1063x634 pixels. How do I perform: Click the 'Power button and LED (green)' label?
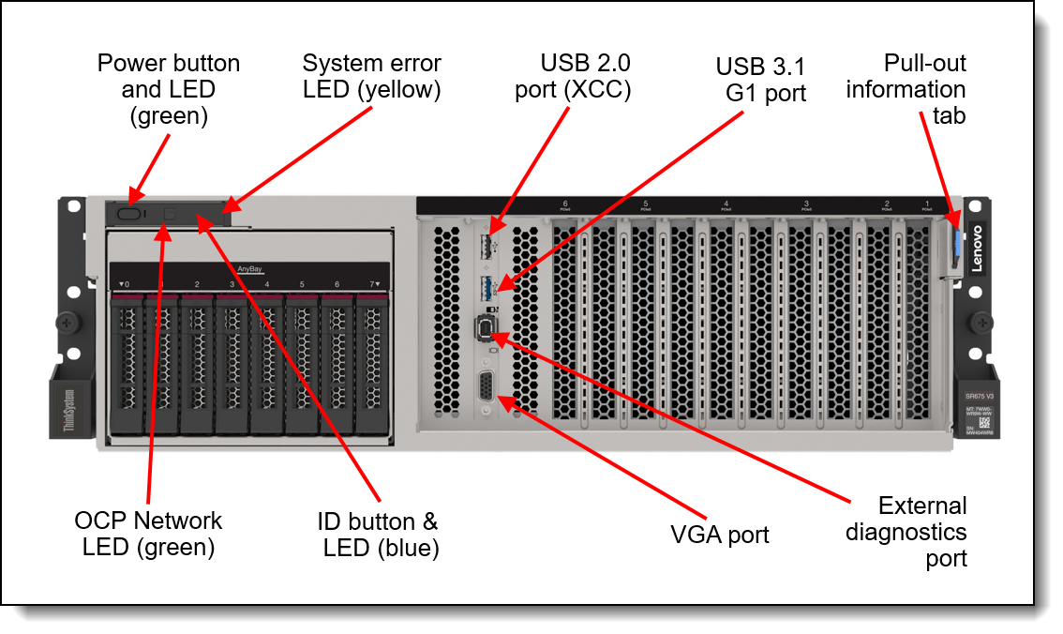[x=169, y=89]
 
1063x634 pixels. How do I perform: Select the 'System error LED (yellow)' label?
[x=371, y=77]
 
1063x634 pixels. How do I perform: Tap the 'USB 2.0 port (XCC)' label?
[x=573, y=77]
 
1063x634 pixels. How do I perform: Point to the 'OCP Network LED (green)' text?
[x=149, y=534]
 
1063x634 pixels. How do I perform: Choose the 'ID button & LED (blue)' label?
[x=381, y=535]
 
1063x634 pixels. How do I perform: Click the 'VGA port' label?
[x=720, y=535]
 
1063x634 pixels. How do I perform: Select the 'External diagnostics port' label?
[x=906, y=532]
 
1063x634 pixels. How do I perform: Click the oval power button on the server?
[x=132, y=215]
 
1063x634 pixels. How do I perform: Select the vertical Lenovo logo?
[x=976, y=249]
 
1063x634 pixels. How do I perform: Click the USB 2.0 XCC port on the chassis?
[x=487, y=247]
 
